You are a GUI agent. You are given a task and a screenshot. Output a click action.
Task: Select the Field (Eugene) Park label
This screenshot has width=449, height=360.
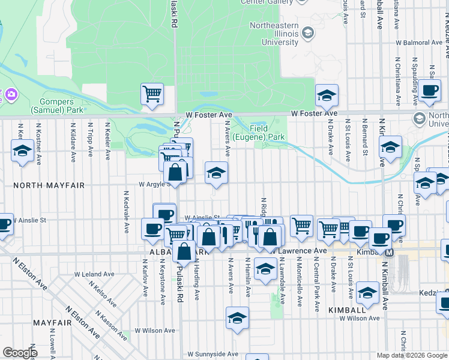click(267, 133)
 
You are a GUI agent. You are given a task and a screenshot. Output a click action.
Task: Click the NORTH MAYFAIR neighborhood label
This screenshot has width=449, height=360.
click(43, 185)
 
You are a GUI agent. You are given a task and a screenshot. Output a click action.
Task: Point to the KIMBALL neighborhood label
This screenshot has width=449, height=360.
click(343, 310)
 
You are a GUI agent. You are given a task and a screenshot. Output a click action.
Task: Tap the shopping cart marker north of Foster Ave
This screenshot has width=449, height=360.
click(152, 94)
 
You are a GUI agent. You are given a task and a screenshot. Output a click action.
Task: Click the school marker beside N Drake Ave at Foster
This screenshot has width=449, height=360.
click(327, 95)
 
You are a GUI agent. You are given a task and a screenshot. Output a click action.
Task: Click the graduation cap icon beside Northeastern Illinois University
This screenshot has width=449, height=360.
click(309, 32)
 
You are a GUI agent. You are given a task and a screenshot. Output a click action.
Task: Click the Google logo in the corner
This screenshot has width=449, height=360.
click(20, 353)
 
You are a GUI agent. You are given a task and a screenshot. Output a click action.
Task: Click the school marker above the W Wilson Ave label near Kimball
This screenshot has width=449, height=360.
click(367, 292)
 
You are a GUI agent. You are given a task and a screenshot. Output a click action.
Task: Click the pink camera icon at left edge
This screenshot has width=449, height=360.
click(11, 94)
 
